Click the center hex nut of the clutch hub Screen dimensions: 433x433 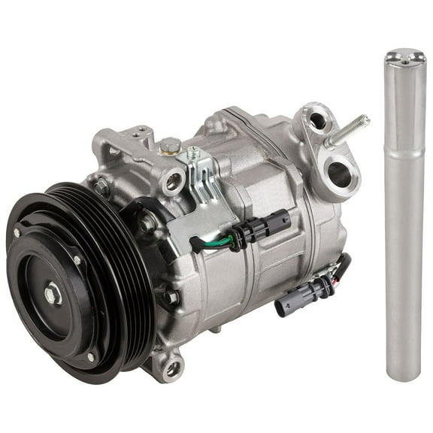tap(53, 293)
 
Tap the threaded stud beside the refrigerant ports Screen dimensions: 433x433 tap(350, 129)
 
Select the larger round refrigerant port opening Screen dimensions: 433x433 tap(339, 174)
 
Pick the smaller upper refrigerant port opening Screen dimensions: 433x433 tap(317, 120)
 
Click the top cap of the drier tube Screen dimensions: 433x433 tap(404, 56)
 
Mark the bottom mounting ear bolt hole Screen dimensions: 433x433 tap(173, 368)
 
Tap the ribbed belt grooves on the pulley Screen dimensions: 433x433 tap(124, 248)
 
